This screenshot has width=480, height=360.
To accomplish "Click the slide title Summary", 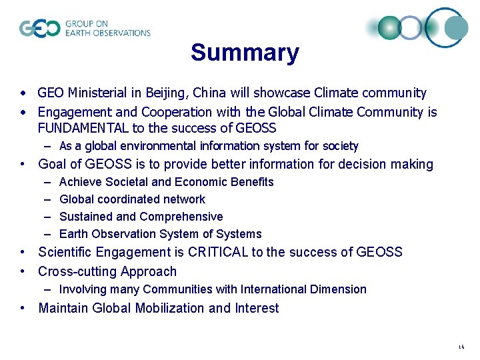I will (x=245, y=53).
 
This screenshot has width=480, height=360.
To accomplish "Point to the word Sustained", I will (x=85, y=217).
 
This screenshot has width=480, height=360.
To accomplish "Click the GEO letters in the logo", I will (x=39, y=29).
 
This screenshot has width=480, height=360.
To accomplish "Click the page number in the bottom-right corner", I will (x=461, y=347).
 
